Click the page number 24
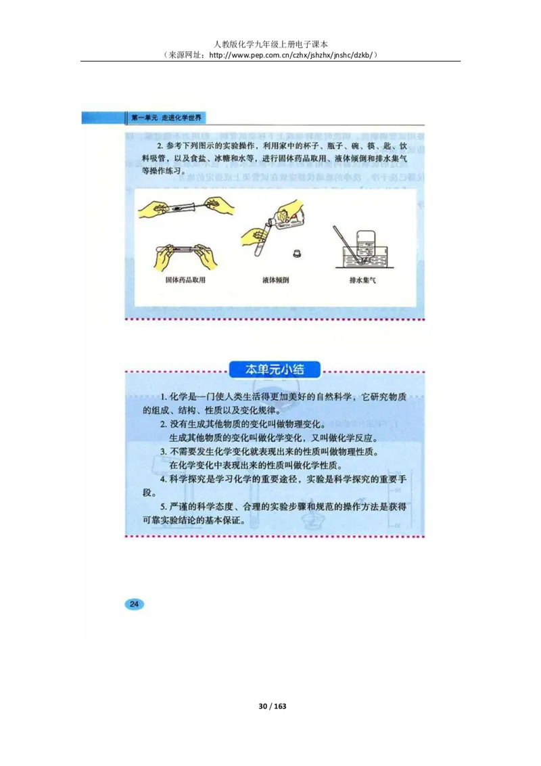click(134, 604)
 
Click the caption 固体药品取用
click(185, 279)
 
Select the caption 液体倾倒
click(275, 279)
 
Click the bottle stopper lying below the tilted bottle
click(296, 253)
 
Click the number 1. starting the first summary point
click(163, 397)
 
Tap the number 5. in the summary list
click(163, 506)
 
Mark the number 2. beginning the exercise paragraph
click(160, 145)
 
